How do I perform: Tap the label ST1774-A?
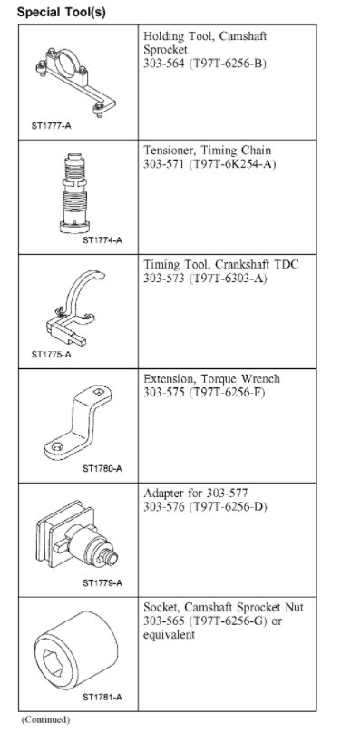click(x=102, y=240)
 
